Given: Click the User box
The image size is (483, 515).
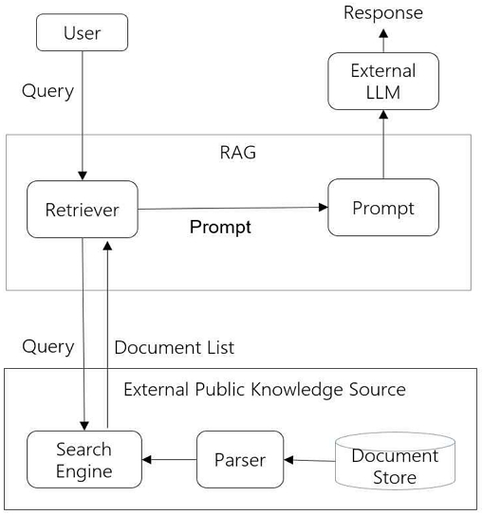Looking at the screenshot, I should point(82,34).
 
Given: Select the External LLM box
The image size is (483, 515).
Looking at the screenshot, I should point(382,82).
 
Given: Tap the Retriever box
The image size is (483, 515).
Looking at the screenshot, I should point(83,210).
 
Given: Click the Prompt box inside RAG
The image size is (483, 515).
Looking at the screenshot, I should point(382,208).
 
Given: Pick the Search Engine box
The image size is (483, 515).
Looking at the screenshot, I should point(84,460).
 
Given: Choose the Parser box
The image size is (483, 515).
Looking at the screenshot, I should point(240,460).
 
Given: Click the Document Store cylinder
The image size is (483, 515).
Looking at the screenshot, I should point(394,466).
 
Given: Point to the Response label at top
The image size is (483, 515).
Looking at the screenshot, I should point(383,12).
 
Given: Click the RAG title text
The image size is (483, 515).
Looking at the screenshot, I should point(237,153).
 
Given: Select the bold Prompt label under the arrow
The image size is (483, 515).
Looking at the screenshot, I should point(220,228).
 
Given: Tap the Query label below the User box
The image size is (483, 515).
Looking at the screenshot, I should point(47,91).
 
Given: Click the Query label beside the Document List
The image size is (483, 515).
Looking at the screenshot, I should point(47,346).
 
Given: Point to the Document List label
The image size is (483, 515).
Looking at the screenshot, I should point(174,347).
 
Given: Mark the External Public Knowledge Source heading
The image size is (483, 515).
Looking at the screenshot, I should point(265,390).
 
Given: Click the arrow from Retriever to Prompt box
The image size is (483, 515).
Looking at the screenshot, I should point(232,208).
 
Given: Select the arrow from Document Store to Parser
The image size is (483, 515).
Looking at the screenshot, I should point(309,460).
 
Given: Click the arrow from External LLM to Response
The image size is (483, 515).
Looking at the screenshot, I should point(383,39).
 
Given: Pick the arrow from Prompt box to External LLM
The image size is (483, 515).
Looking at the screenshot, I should point(383,142).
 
